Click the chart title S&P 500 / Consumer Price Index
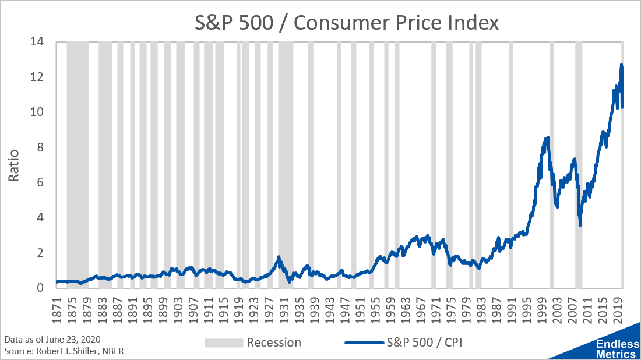click(x=347, y=23)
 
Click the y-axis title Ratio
click(x=14, y=165)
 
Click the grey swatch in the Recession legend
click(x=223, y=343)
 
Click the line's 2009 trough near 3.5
click(x=580, y=225)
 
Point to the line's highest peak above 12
click(x=621, y=65)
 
